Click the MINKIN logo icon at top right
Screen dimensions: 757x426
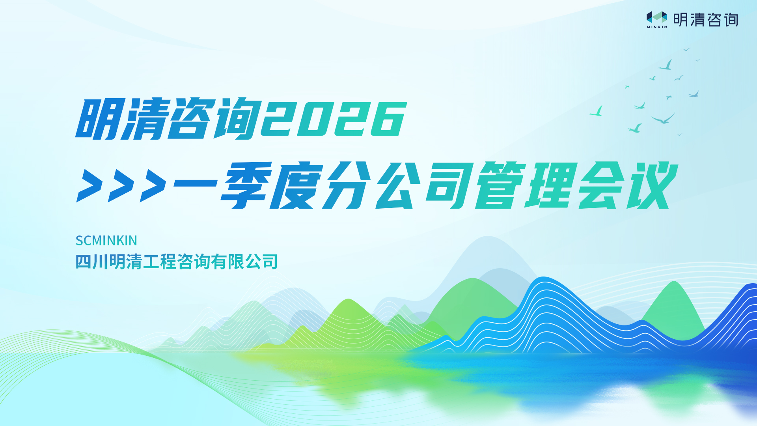pos(656,17)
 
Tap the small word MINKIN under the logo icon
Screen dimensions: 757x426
pos(657,27)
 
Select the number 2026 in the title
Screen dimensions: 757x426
pos(334,119)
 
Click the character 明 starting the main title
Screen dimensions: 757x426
pos(98,119)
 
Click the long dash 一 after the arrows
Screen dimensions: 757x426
pos(195,183)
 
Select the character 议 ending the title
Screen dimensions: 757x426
pos(652,185)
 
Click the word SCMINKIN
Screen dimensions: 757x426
pos(106,241)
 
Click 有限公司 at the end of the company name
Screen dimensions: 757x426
pos(244,262)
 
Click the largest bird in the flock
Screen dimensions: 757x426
pos(663,118)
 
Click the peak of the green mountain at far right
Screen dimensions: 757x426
pos(674,282)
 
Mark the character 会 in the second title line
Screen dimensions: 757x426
pos(601,185)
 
